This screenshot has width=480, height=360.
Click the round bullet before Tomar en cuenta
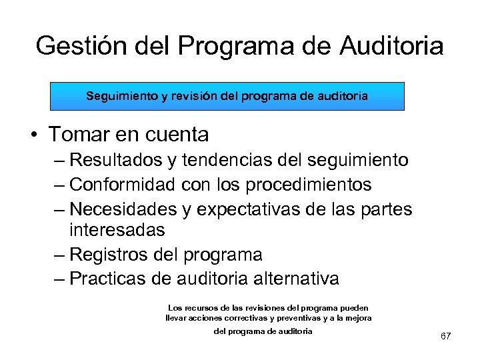[33, 135]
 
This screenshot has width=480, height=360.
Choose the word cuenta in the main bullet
[178, 135]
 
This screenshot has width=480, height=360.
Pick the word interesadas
[117, 230]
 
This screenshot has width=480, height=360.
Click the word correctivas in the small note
[254, 318]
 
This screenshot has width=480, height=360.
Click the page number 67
[446, 336]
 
